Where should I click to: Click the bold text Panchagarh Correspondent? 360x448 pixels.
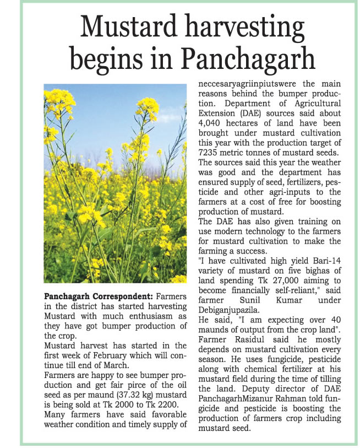[97, 297]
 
